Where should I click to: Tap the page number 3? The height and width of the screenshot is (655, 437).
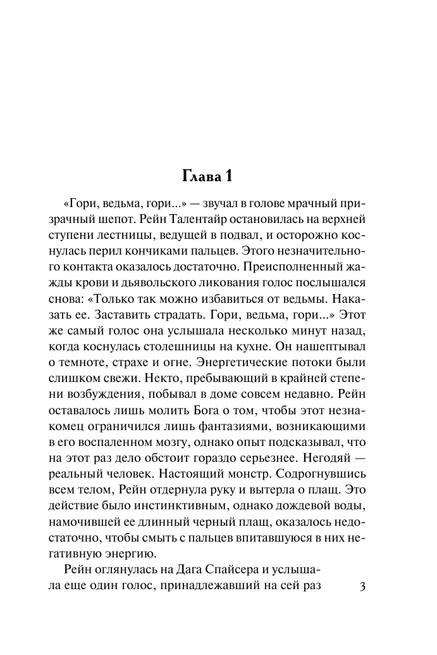pos(362,586)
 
